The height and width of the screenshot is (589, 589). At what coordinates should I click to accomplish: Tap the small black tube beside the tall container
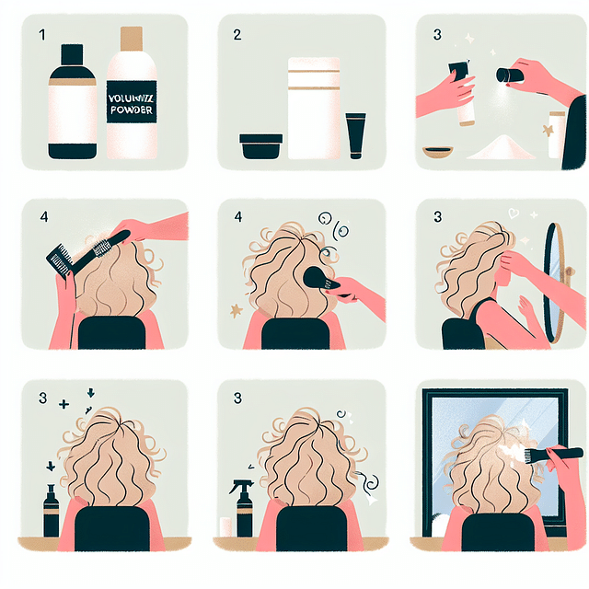[355, 135]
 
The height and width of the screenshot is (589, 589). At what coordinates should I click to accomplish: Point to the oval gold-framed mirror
[555, 281]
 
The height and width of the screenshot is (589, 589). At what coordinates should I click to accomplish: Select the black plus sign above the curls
[64, 403]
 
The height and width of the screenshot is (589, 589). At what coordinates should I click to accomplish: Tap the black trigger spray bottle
[244, 509]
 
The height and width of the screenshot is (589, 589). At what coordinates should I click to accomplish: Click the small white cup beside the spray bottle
[224, 525]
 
